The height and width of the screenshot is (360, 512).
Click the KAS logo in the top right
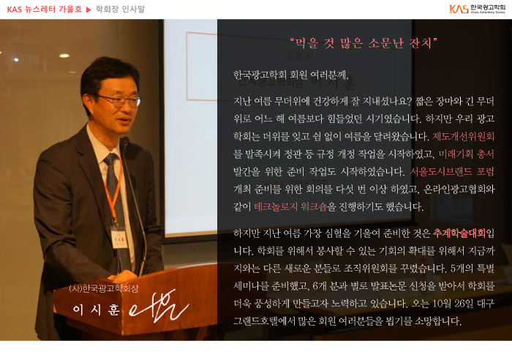[477, 9]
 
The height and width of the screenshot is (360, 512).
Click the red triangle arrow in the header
[89, 10]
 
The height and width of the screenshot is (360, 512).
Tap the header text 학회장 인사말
[120, 10]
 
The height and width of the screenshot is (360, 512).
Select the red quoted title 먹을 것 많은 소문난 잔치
[364, 43]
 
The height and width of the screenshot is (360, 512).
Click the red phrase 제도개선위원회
[463, 136]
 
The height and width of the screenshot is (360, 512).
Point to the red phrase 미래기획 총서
[466, 154]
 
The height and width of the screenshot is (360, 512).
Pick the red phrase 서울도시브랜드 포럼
[452, 171]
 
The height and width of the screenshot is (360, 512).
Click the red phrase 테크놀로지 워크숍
[290, 207]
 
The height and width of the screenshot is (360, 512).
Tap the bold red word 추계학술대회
[459, 233]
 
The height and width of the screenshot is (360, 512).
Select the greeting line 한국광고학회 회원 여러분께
[291, 75]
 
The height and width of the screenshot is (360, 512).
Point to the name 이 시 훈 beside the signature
[96, 310]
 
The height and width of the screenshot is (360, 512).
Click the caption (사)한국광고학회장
[104, 288]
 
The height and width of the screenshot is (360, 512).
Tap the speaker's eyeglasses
[120, 101]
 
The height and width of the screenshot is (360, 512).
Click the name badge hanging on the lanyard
[118, 238]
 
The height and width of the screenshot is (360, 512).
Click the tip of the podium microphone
[124, 140]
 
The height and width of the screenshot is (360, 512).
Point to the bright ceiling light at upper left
[64, 56]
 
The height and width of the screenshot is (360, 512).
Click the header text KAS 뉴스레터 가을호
[45, 10]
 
